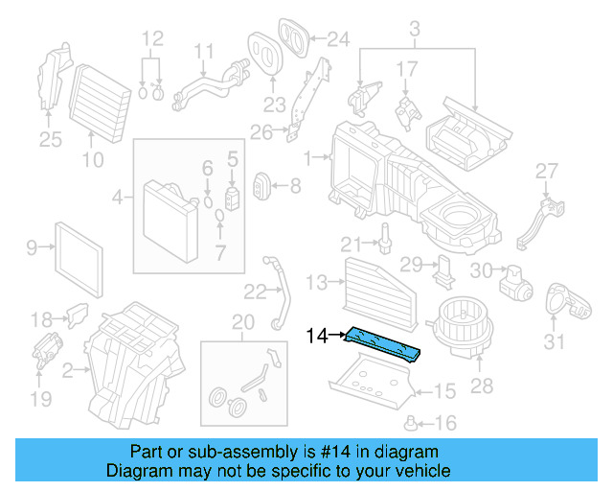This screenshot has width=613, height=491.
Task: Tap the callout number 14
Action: tap(317, 335)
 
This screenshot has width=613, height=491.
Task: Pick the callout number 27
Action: tap(546, 171)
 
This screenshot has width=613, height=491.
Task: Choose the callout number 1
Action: tap(307, 155)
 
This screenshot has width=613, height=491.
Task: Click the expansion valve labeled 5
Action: tap(232, 196)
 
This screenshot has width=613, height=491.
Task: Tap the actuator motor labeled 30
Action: tap(518, 279)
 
